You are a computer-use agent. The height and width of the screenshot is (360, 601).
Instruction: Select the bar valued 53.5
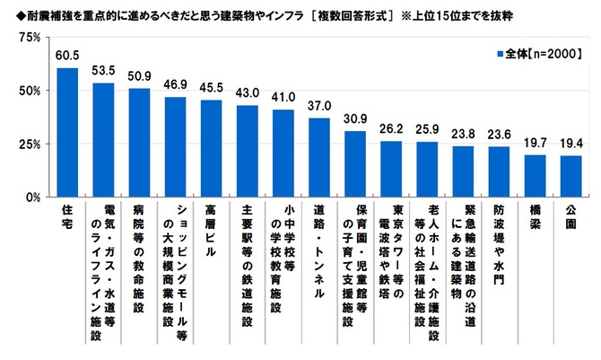tap(103, 139)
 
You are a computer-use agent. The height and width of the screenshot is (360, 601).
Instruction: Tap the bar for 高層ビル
tap(211, 148)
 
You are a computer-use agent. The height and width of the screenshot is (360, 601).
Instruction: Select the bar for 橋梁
tap(535, 175)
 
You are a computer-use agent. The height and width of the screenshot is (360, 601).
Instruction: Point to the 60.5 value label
tap(67, 58)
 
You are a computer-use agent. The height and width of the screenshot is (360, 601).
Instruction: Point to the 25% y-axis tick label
tap(30, 144)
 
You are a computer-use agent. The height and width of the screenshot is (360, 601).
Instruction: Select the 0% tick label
tap(33, 197)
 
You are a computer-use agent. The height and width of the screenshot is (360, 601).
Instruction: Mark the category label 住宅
tap(67, 216)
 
